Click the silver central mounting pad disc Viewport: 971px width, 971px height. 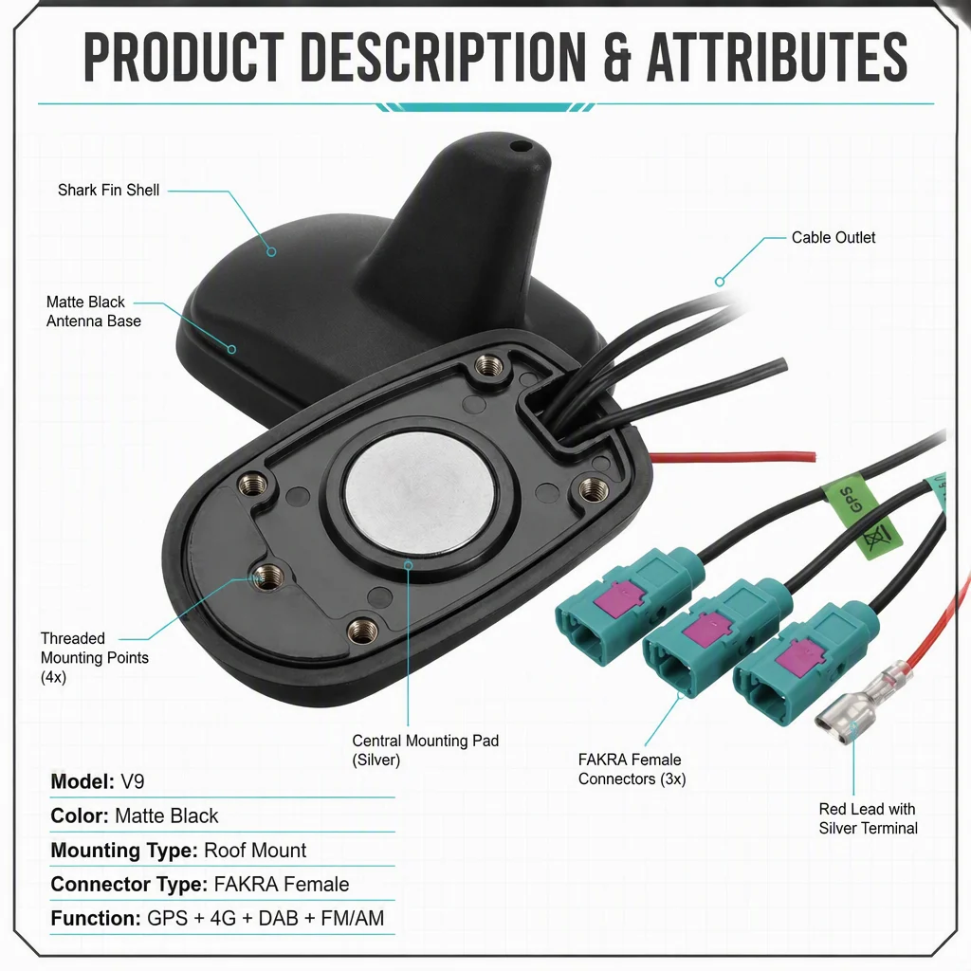tap(420, 492)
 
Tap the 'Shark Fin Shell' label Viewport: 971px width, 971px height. tap(108, 190)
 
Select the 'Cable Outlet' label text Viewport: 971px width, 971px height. tap(833, 238)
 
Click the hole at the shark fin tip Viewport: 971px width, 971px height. tap(522, 147)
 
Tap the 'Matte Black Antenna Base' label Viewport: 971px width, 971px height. tap(94, 311)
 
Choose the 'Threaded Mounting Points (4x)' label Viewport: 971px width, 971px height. tap(94, 657)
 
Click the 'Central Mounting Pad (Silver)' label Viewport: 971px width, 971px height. tap(425, 750)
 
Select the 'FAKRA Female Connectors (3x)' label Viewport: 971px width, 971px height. tap(632, 769)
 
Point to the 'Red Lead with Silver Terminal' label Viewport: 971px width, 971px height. tap(868, 818)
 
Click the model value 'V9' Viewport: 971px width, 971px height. tap(133, 781)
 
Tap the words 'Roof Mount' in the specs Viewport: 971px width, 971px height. tap(255, 851)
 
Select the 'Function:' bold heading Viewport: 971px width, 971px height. tap(96, 918)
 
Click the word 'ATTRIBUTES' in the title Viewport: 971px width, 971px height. tap(778, 57)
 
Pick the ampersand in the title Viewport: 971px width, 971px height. tap(615, 57)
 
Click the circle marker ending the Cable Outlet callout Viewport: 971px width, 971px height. tap(720, 282)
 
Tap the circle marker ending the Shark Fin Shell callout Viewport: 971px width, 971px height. tap(271, 252)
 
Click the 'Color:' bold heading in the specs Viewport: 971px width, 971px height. tap(80, 816)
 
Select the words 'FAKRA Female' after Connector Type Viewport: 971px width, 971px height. tap(281, 885)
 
